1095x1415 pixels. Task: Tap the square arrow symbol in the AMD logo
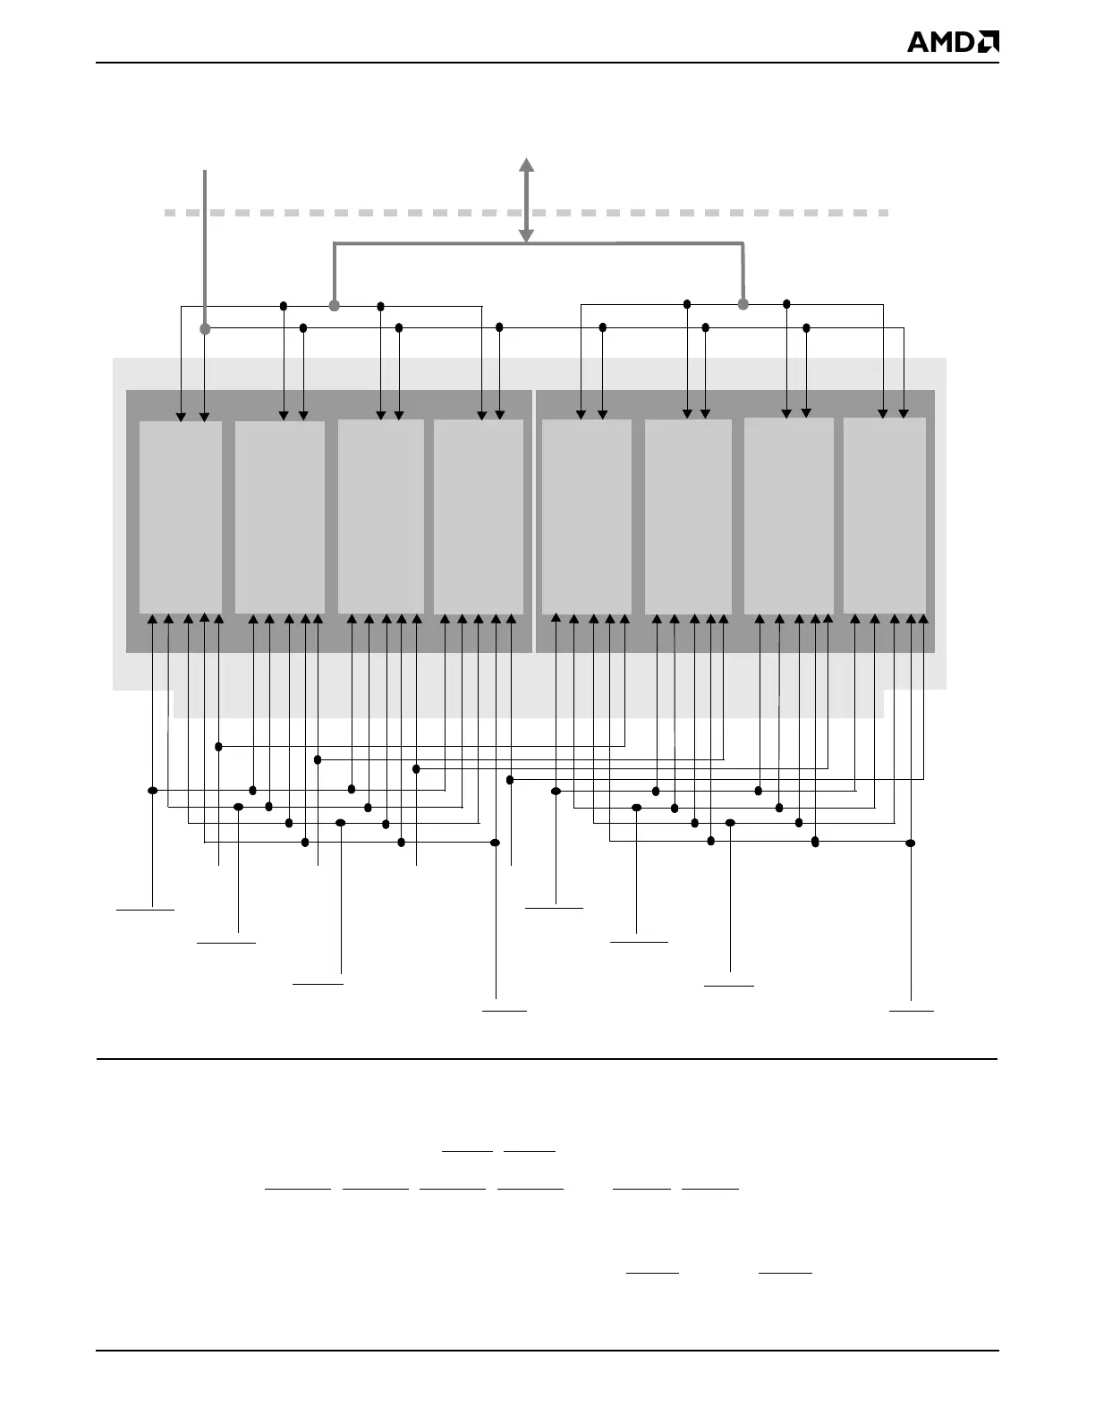point(989,42)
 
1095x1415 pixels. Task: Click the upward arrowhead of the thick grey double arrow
point(527,164)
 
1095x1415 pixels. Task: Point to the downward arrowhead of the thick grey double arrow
point(527,236)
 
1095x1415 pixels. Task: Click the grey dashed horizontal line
point(358,213)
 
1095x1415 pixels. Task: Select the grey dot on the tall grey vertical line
point(205,329)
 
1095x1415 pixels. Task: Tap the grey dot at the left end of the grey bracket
point(335,306)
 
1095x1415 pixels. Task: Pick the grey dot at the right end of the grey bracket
point(743,305)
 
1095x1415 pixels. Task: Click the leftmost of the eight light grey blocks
point(181,517)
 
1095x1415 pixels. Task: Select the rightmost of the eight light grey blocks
point(885,515)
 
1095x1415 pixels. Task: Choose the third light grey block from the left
point(381,517)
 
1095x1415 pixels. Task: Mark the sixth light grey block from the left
point(688,517)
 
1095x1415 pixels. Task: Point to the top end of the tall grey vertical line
point(206,171)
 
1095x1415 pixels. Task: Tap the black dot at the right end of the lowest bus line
point(911,843)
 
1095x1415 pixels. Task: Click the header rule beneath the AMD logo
point(547,63)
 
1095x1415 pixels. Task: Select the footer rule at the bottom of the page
point(547,1351)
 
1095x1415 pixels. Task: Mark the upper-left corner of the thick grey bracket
point(335,243)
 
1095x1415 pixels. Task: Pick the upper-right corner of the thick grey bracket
point(743,243)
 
